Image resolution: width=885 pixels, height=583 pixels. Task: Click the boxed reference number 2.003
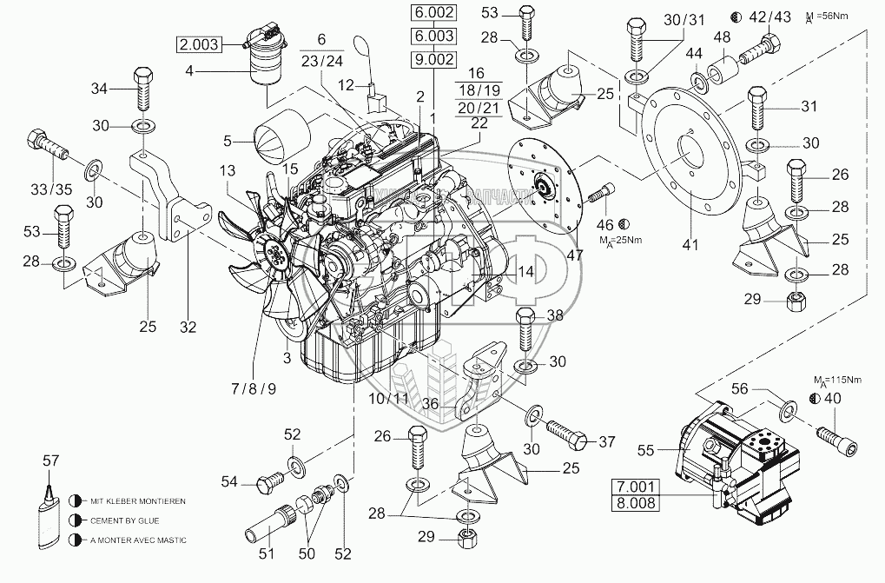tap(200, 43)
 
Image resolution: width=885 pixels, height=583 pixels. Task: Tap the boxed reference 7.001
tap(637, 486)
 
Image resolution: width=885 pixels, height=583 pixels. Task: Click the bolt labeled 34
tap(145, 88)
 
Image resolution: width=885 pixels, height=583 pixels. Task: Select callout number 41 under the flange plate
tap(690, 246)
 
